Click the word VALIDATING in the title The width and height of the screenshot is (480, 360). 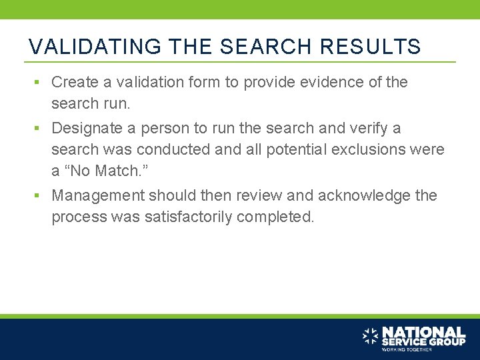(95, 47)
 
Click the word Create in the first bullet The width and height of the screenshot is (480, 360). (74, 82)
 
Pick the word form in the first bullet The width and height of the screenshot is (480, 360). (204, 82)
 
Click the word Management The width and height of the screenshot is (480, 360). (98, 195)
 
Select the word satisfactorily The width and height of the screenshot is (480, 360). (189, 217)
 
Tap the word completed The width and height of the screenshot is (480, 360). (275, 217)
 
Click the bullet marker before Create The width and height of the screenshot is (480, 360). (39, 82)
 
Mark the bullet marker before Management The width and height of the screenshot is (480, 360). (39, 195)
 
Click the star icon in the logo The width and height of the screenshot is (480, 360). (370, 336)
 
